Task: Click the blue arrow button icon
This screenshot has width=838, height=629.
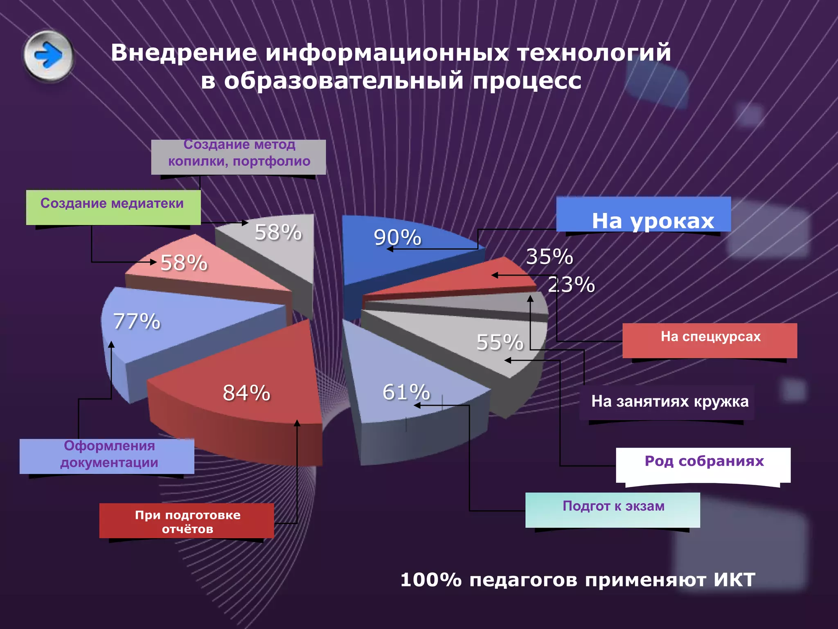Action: coord(49,55)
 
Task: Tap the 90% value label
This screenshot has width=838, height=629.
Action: coord(397,238)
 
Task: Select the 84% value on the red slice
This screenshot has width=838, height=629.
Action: coord(246,393)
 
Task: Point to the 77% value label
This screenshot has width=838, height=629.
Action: coord(137,321)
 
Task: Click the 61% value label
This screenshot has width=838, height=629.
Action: coord(406,392)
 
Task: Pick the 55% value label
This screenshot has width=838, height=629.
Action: coord(500,342)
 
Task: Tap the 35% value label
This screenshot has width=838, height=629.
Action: coord(549,257)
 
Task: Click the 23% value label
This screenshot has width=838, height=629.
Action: coord(571,285)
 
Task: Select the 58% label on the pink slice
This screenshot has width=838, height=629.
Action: coord(184,263)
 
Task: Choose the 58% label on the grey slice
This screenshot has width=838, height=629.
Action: coord(278,232)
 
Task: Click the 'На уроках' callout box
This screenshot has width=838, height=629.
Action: coord(644,215)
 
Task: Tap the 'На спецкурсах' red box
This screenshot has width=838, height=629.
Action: coord(710,340)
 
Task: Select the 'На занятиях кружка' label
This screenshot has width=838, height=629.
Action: coord(669,401)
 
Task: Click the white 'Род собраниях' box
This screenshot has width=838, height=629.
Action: coord(703,465)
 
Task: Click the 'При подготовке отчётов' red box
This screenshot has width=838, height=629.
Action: coord(187,520)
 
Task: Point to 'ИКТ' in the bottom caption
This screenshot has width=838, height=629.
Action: coord(734,580)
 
